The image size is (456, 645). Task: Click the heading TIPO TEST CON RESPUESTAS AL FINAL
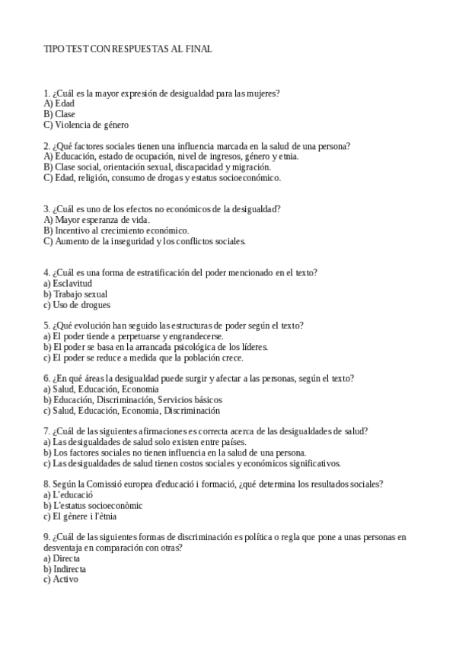click(x=128, y=49)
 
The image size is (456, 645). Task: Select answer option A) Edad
click(x=59, y=103)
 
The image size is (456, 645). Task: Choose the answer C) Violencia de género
click(x=86, y=125)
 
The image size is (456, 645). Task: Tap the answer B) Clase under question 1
click(x=59, y=114)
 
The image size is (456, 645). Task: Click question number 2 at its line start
click(x=47, y=146)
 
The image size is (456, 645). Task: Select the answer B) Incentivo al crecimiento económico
click(x=116, y=230)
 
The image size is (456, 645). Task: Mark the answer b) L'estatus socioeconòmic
click(x=93, y=506)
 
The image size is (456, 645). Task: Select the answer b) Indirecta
click(x=65, y=569)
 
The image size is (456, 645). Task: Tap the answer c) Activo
click(x=60, y=580)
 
